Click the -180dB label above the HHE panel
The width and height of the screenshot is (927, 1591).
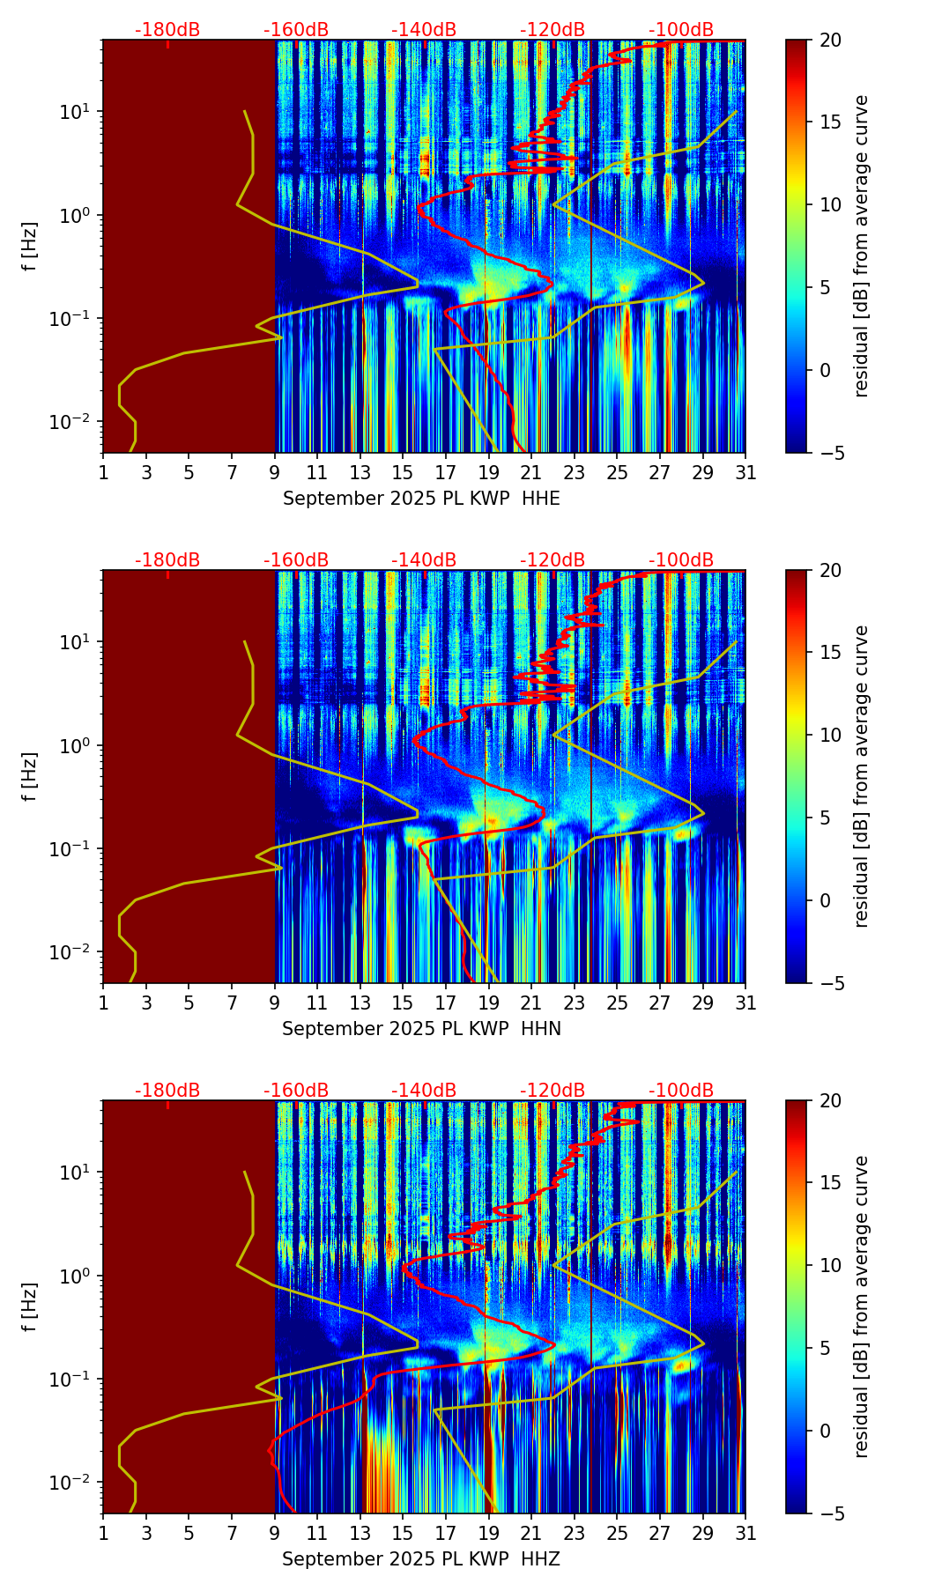pos(167,31)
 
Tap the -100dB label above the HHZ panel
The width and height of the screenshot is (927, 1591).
pos(681,1091)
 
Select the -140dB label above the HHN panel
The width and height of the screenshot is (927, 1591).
pos(424,560)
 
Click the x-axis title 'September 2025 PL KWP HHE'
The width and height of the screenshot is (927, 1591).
pos(421,499)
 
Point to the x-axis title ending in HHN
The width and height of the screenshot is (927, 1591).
pos(421,1029)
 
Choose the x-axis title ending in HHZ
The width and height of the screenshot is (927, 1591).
pos(421,1559)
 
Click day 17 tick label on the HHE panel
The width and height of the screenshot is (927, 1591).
pos(446,473)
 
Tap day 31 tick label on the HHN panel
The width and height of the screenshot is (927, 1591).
pos(745,1003)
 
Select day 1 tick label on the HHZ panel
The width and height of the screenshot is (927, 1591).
pos(103,1534)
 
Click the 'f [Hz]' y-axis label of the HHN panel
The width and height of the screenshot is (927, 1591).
pos(30,776)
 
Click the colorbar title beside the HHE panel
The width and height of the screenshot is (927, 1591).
pos(861,247)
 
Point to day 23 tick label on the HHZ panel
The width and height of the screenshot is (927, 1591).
pos(575,1534)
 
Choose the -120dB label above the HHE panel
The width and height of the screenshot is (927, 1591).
pos(552,31)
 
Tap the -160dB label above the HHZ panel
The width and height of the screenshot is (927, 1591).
pos(296,1091)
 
